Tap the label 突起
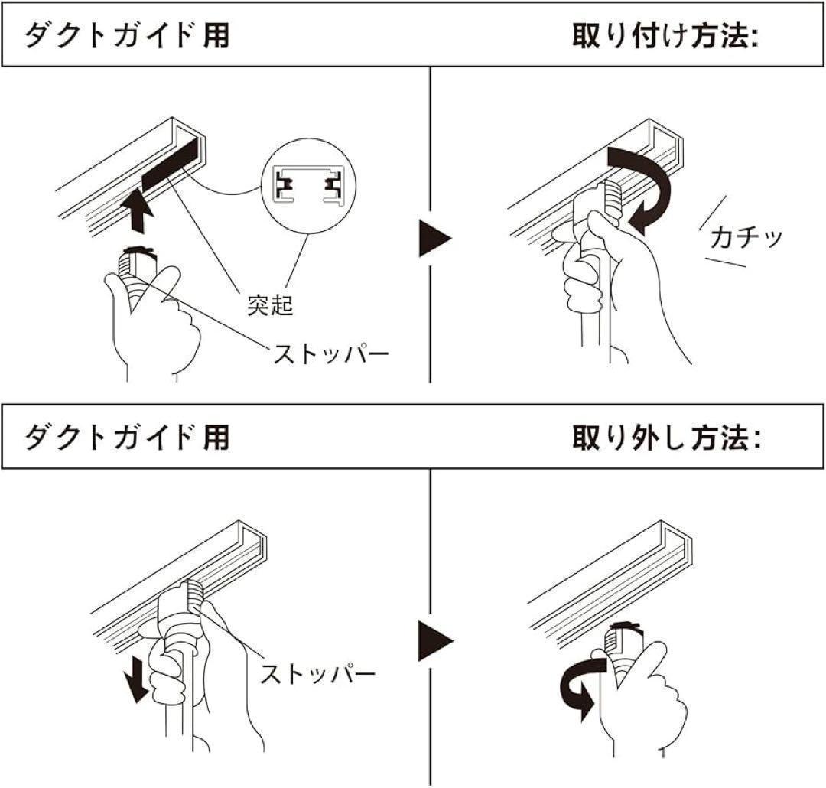tap(269, 305)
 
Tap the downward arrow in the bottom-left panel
tap(137, 677)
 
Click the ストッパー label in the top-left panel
tap(331, 353)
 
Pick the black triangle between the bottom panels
tap(434, 639)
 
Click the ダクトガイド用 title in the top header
tap(127, 36)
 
